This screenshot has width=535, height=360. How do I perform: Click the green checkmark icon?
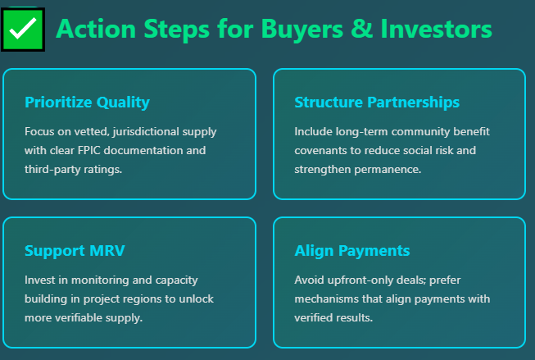(24, 29)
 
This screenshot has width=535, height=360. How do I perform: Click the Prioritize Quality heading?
(87, 103)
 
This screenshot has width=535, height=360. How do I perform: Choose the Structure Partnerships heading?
(376, 103)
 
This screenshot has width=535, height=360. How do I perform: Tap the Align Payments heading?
(351, 251)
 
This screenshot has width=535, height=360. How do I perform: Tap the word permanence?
(388, 170)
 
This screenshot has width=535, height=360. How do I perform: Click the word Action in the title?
(94, 29)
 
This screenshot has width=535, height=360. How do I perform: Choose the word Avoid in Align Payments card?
(308, 280)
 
